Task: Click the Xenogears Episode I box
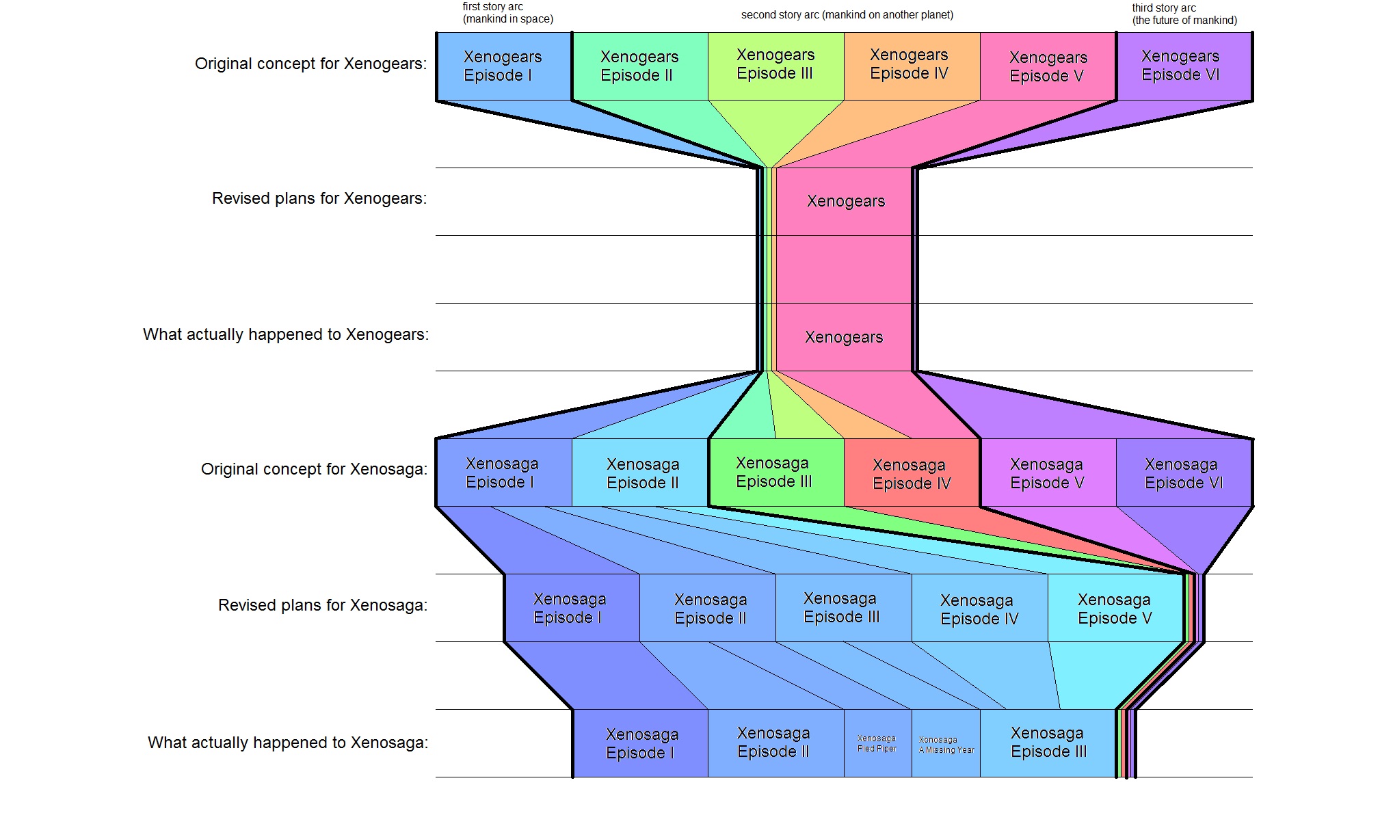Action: (503, 66)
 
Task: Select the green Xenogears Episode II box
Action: (639, 66)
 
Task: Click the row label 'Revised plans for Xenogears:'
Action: (319, 198)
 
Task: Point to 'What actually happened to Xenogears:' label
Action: (285, 334)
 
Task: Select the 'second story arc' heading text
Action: (847, 15)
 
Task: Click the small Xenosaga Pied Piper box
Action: (877, 743)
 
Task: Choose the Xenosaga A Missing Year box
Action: (946, 745)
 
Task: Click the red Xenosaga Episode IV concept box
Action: (912, 474)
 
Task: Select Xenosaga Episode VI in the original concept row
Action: (1183, 473)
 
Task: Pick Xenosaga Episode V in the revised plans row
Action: (1115, 609)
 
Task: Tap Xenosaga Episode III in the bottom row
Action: (1048, 743)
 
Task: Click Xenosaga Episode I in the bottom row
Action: (641, 743)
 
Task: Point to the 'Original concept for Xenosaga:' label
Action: (314, 469)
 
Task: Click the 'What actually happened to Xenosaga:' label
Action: (288, 743)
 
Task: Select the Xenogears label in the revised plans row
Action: (845, 201)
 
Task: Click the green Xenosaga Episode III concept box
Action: (774, 472)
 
